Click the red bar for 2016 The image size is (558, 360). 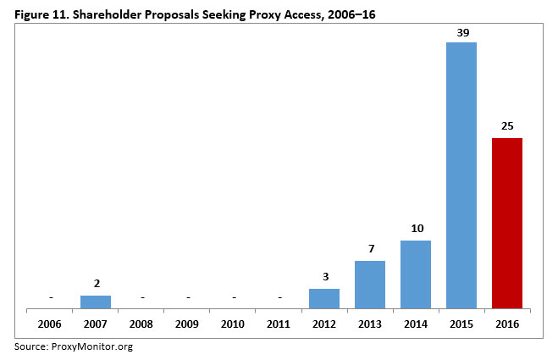[x=507, y=224]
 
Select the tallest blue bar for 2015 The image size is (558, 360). [x=461, y=175]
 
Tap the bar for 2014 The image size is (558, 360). [x=416, y=274]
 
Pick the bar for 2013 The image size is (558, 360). [x=370, y=285]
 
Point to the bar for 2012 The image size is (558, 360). [x=324, y=299]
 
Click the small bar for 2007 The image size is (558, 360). [x=96, y=302]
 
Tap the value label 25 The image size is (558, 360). [x=507, y=126]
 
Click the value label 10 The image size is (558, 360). [x=416, y=229]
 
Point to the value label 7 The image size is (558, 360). [x=370, y=249]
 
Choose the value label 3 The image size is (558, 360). [x=324, y=277]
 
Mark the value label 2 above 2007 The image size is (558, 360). [x=96, y=284]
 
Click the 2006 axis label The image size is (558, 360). [x=50, y=324]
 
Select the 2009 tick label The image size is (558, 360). [x=187, y=324]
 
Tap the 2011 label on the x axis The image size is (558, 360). [x=279, y=324]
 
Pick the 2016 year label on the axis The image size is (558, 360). [x=507, y=324]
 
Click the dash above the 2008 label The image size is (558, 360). [x=141, y=298]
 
